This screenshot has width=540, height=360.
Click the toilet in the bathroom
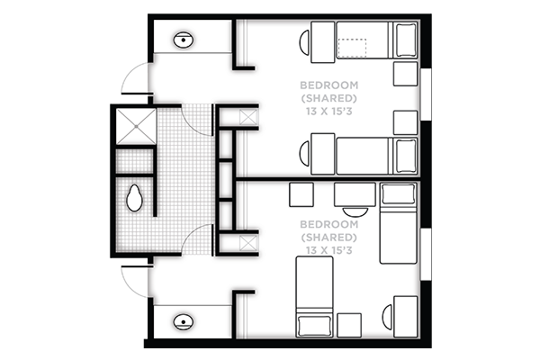pos(134,198)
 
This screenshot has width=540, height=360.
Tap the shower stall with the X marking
pos(136,126)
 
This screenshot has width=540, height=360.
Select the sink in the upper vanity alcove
pos(184,40)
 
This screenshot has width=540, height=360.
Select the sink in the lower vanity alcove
pos(184,322)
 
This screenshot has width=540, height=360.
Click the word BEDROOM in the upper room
pos(328,85)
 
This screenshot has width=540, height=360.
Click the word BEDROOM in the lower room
pos(328,224)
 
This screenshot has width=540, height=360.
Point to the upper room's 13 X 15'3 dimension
pos(328,112)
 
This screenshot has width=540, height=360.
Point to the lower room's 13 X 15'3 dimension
pos(328,250)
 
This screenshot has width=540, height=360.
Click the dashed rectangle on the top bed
pos(352,48)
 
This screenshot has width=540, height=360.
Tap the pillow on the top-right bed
pos(407,40)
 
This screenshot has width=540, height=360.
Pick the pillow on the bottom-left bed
pos(314,326)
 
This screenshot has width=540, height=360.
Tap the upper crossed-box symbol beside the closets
pos(248,117)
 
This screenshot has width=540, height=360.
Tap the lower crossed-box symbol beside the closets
pos(248,243)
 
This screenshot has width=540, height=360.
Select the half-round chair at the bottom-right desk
pos(388,317)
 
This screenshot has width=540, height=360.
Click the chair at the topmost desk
pos(304,42)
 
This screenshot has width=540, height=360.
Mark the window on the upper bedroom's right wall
pos(426,94)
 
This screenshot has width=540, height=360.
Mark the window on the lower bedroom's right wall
pos(426,254)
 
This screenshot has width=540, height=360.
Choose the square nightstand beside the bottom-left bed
pos(349,325)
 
